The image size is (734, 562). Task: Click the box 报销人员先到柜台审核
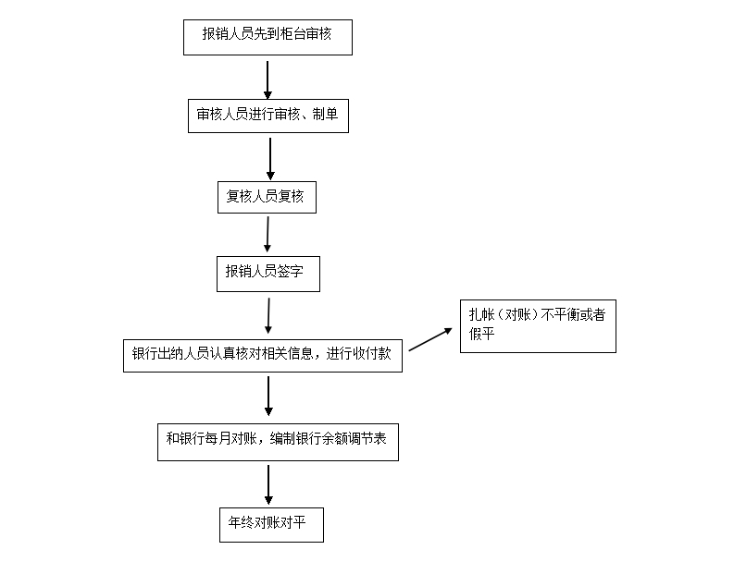pos(267,36)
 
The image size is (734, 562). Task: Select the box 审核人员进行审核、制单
pos(267,115)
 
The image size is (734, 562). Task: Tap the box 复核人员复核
pos(266,196)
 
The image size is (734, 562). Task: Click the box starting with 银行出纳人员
pos(262,355)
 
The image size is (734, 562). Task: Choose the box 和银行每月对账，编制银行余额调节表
pos(277,441)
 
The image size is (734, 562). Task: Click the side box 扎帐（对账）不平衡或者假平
pos(538,326)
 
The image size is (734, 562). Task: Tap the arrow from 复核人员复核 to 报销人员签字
pos(267,235)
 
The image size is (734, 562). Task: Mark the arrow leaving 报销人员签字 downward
pos(268,314)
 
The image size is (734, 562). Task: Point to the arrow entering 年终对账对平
pos(268,483)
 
